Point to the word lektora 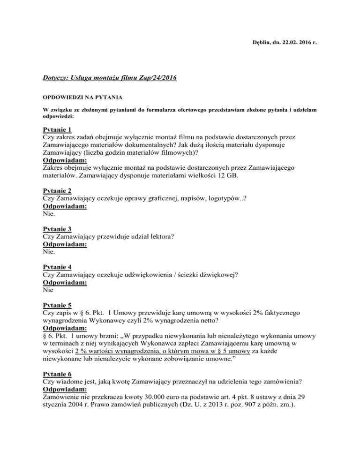click(x=161, y=237)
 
